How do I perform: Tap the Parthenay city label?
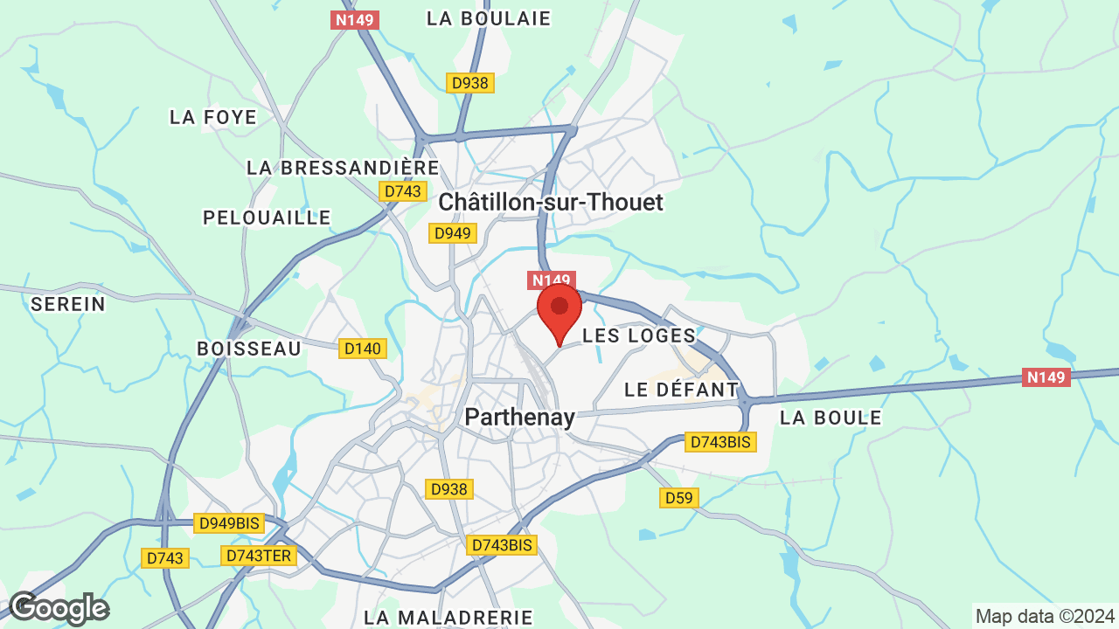[x=519, y=418]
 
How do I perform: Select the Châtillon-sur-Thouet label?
[x=551, y=203]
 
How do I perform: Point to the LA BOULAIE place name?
[x=489, y=18]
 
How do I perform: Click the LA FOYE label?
[x=213, y=117]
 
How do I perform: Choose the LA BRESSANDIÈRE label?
[x=343, y=168]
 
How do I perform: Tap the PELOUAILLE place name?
[x=267, y=218]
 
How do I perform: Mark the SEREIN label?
[x=68, y=304]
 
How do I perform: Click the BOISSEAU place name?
[x=249, y=349]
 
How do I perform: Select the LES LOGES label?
[x=639, y=335]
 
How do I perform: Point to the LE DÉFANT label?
[x=682, y=390]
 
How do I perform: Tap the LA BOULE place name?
[x=831, y=418]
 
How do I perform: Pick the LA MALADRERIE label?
[x=448, y=618]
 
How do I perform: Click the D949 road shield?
[x=453, y=233]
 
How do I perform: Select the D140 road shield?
[x=363, y=349]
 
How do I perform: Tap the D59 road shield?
[x=678, y=498]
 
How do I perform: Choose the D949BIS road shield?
[x=229, y=523]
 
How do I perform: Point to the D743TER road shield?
[x=260, y=556]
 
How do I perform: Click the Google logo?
[x=59, y=608]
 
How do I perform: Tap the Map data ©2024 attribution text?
[x=1045, y=616]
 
